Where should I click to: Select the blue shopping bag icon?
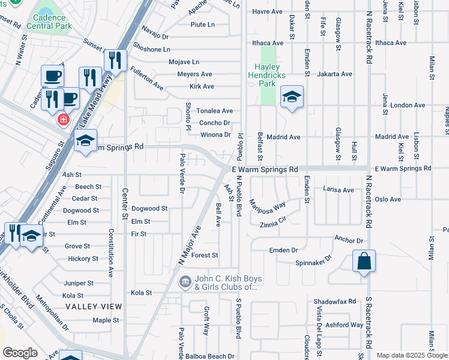[364, 262]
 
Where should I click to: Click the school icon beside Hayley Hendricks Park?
[292, 97]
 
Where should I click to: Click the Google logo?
[20, 353]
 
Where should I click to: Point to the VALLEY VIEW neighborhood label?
[94, 307]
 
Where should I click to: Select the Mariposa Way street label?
[267, 206]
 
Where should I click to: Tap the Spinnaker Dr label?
[313, 262]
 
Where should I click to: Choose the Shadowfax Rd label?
[334, 301]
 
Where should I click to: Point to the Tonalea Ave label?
[215, 111]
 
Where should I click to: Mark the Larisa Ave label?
[339, 190]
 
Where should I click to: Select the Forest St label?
[205, 255]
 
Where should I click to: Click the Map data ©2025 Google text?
[412, 355]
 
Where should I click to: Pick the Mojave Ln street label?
[184, 62]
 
